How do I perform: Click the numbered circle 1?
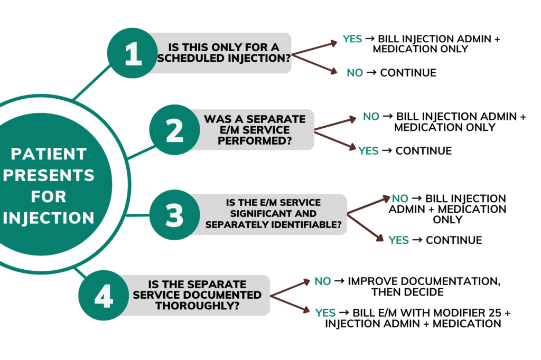tap(133, 54)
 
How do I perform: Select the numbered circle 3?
tap(175, 215)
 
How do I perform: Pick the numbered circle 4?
tap(104, 296)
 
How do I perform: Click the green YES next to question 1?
tap(352, 39)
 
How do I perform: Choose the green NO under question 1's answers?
tap(355, 73)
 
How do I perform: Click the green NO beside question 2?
tap(371, 117)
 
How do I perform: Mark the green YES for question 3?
tap(399, 240)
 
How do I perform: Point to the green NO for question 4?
tap(323, 281)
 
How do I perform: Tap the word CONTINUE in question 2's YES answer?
tap(424, 151)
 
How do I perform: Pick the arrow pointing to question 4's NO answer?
tap(290, 288)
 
